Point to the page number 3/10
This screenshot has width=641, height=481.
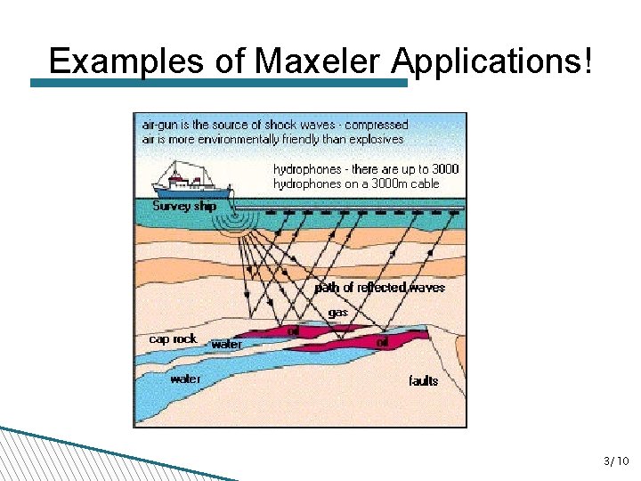pyautogui.click(x=616, y=461)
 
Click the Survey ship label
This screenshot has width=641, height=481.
pyautogui.click(x=184, y=206)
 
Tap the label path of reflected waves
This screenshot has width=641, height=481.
pyautogui.click(x=379, y=288)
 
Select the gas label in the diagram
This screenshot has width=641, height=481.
pyautogui.click(x=337, y=313)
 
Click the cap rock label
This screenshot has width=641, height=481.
pyautogui.click(x=173, y=338)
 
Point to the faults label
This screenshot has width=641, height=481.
pyautogui.click(x=424, y=381)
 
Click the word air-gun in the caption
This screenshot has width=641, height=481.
pyautogui.click(x=161, y=126)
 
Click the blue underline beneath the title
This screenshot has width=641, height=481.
pyautogui.click(x=218, y=83)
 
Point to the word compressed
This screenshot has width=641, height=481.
pyautogui.click(x=376, y=126)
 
